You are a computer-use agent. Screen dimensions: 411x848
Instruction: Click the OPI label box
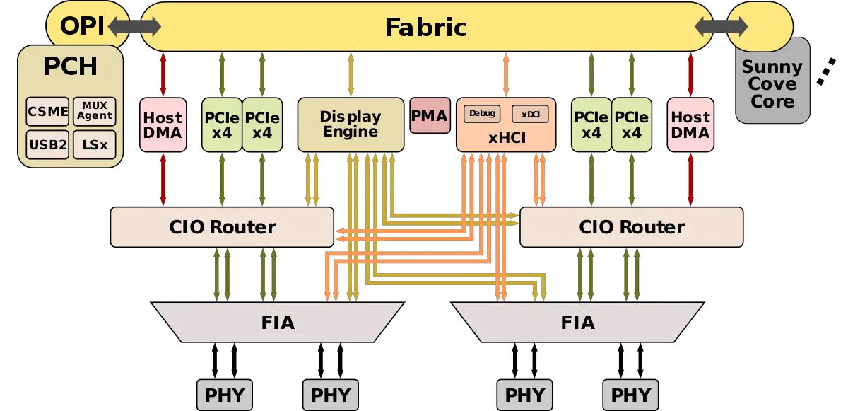pos(81,26)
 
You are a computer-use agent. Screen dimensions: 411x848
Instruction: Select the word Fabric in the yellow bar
pos(426,27)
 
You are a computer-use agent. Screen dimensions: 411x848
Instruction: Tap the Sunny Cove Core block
pos(772,83)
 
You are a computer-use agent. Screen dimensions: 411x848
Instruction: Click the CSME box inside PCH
pos(48,111)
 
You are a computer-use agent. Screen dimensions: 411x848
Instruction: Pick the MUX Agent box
pos(94,111)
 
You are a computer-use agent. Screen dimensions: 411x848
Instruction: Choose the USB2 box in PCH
pos(48,146)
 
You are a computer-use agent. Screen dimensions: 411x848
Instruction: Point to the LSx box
pos(94,146)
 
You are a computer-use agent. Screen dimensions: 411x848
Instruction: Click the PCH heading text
pos(70,67)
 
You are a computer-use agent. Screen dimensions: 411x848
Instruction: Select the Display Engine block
pos(351,125)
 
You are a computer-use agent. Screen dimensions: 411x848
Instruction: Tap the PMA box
pos(429,115)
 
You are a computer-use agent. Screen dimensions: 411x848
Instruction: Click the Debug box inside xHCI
pos(481,113)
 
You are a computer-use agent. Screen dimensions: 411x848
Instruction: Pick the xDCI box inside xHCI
pos(530,114)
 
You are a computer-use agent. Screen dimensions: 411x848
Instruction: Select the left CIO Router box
pos(222,227)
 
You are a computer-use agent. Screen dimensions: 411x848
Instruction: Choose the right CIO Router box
pos(632,227)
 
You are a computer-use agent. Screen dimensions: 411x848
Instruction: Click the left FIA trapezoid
pos(278,323)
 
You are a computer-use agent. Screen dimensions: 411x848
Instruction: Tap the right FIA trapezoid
pos(577,323)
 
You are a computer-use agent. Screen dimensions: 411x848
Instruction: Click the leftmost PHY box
pos(224,394)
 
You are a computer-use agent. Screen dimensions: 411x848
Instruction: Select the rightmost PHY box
pos(631,394)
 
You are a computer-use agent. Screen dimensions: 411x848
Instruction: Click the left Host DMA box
pos(163,125)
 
